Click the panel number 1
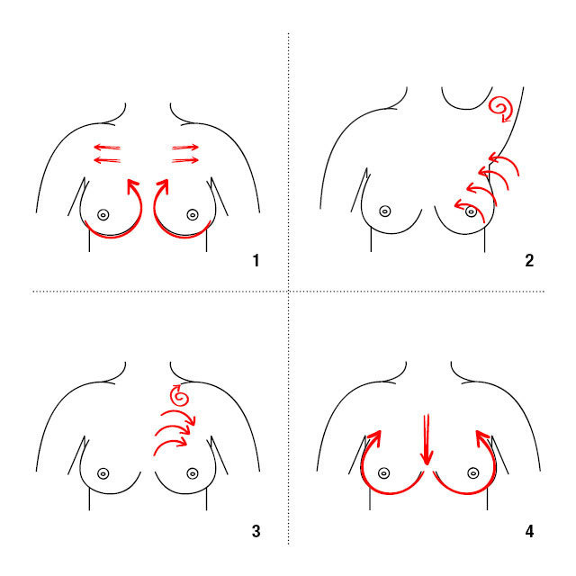point(256,260)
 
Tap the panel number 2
point(529,260)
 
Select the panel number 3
point(256,531)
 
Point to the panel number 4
point(529,531)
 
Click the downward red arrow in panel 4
point(427,440)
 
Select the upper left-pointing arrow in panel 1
point(107,148)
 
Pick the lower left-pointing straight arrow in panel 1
point(107,160)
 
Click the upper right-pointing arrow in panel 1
point(185,148)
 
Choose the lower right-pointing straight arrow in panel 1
point(185,160)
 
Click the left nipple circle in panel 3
point(103,474)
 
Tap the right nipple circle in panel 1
point(193,215)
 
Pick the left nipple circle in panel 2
point(385,211)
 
